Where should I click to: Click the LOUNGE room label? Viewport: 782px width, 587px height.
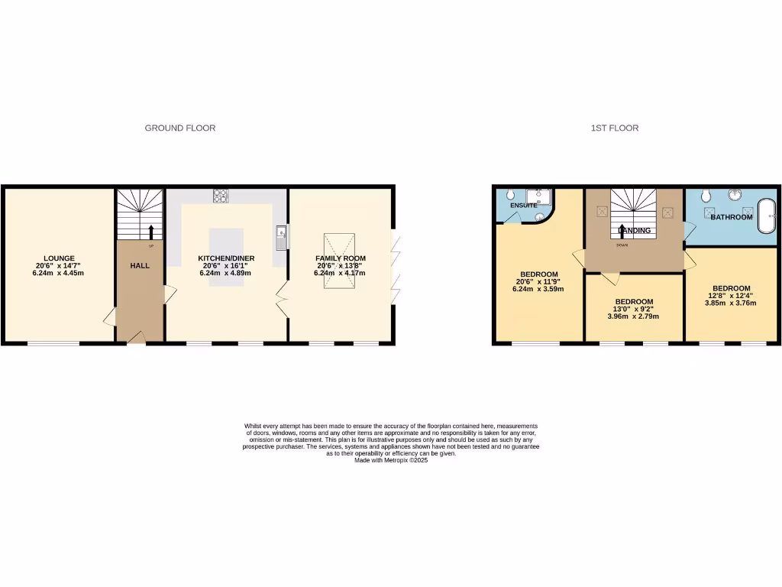59,258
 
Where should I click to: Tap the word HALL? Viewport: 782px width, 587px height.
139,265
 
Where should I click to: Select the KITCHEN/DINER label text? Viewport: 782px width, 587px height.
226,258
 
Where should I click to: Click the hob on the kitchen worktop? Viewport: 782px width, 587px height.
221,196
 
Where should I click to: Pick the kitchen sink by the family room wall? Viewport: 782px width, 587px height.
282,238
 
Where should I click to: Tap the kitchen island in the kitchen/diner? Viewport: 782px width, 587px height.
226,257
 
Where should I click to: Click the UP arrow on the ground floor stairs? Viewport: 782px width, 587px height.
150,232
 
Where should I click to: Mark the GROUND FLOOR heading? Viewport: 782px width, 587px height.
180,128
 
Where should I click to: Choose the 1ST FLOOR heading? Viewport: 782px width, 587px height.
615,128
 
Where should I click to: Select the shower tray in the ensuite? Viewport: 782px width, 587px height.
540,198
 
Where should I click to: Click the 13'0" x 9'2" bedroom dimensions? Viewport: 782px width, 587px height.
633,309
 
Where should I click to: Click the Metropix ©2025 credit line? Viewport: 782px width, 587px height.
391,460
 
